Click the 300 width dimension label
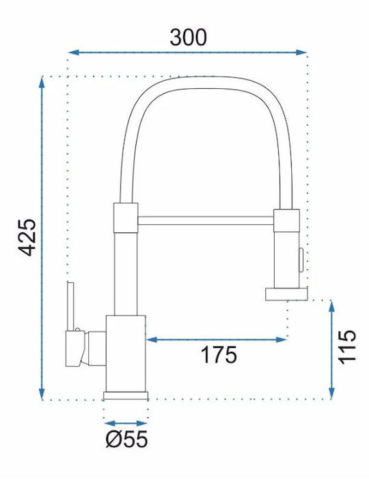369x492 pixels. point(189,38)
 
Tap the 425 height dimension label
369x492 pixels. point(27,237)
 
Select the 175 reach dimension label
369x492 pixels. point(219,355)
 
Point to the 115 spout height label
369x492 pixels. point(347,347)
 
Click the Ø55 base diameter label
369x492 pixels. point(127,439)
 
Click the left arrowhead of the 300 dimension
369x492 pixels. point(73,53)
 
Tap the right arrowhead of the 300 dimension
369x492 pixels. point(301,53)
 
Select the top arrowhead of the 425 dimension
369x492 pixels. point(42,81)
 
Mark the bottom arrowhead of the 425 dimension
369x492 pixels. point(42,394)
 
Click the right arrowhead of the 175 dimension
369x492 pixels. point(281,340)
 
